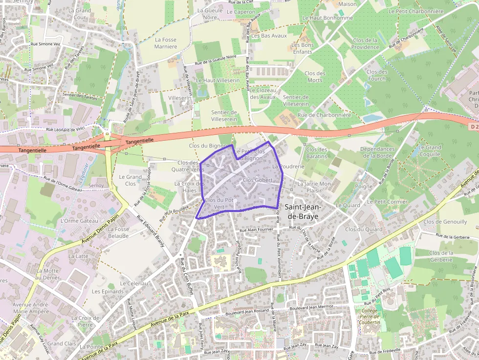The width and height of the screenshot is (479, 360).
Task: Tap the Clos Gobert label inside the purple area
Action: tap(257, 180)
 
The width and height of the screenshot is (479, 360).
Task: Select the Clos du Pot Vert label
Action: tap(218, 203)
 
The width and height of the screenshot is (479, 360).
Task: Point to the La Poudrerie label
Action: tap(288, 167)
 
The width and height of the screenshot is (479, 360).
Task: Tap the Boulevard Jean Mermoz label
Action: tap(311, 308)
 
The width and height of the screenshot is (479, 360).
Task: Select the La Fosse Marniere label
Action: tap(166, 43)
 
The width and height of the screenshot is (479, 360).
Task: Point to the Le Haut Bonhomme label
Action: tap(327, 18)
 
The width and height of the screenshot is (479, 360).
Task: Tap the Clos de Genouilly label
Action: tap(445, 222)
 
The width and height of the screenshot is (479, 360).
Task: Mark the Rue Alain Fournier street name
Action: tap(256, 230)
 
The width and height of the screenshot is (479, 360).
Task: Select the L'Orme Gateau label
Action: tap(79, 221)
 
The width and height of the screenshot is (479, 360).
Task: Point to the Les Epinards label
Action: tap(108, 292)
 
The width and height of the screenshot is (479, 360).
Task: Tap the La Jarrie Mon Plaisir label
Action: tap(314, 187)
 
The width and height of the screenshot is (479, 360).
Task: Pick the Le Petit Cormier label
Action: tap(387, 201)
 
